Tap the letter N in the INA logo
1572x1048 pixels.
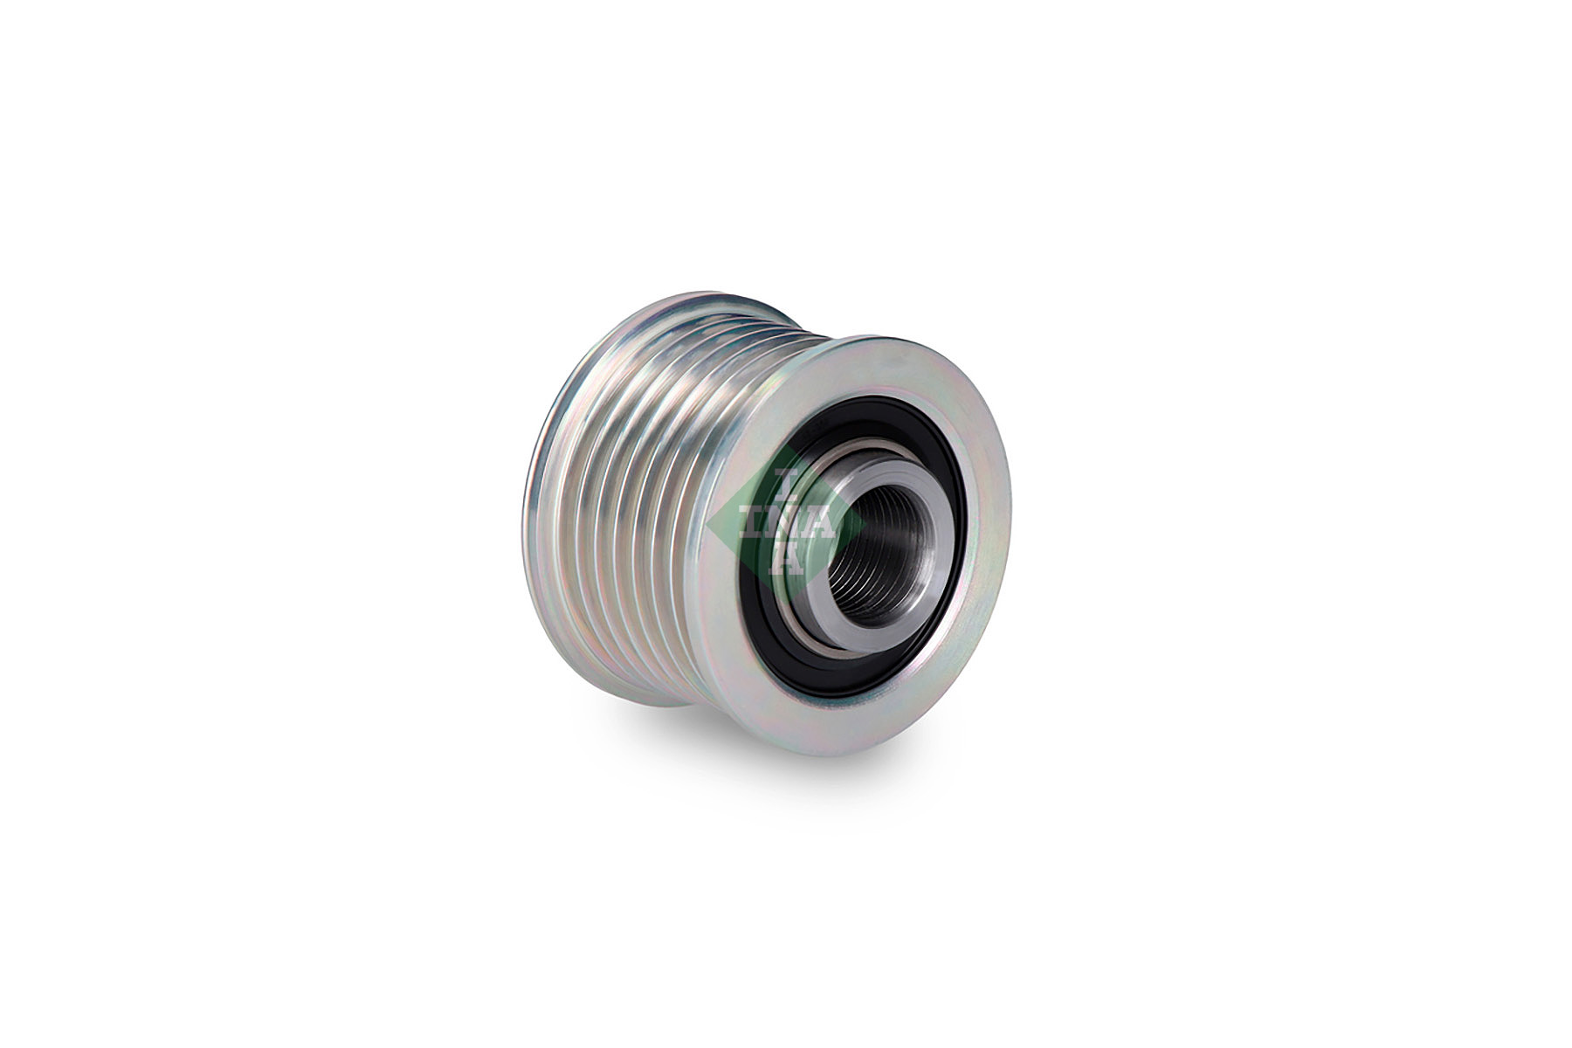pyautogui.click(x=785, y=524)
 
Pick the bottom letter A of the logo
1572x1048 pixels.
pyautogui.click(x=784, y=560)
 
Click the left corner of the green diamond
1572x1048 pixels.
pyautogui.click(x=709, y=524)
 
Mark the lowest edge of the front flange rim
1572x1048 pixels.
pyautogui.click(x=838, y=753)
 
